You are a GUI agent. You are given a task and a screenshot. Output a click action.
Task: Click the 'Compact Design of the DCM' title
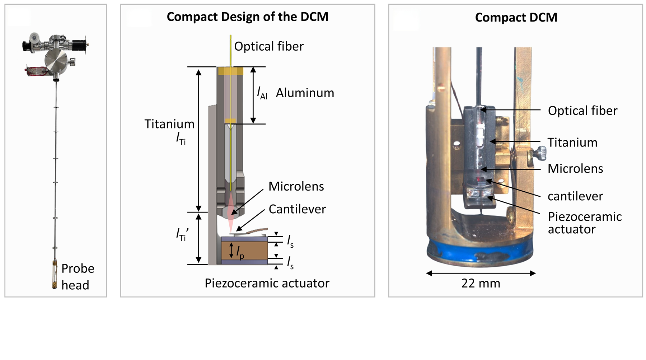pos(247,17)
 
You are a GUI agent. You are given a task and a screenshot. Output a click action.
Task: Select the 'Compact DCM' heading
pos(516,18)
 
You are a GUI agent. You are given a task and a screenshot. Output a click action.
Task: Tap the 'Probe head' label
pos(78,276)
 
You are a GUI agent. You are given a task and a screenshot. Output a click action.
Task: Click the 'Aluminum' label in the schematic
pos(305,93)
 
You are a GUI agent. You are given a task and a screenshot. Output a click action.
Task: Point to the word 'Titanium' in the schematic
pos(169,124)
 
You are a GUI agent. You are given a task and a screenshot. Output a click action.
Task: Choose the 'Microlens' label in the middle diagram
pos(296,186)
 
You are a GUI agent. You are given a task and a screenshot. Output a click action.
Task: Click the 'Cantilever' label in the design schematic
pos(297,209)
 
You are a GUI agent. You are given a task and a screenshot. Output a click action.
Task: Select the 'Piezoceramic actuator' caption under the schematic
pos(267,283)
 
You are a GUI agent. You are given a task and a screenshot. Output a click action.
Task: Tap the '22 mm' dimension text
pos(481,283)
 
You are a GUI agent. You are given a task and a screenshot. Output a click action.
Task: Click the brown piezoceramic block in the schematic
pos(244,250)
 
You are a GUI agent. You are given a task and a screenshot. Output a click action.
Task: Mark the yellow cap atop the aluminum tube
pos(230,71)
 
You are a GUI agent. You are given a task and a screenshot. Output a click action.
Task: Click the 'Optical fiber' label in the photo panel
pos(582,111)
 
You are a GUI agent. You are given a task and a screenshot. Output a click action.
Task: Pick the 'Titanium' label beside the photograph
pos(572,142)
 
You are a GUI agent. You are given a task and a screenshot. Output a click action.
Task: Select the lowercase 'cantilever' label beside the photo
pos(575,196)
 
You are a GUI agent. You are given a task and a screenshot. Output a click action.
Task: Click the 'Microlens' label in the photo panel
pos(575,169)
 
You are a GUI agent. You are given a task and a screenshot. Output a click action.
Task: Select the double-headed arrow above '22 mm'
pos(481,273)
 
